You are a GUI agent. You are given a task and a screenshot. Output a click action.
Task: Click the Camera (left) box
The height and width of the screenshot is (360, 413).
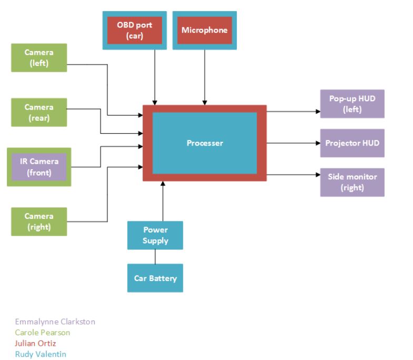click(x=39, y=57)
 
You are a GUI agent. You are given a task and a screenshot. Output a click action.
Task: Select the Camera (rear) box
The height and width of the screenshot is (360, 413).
click(x=39, y=112)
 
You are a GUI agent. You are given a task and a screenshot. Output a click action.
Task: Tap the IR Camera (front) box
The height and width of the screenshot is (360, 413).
click(x=39, y=167)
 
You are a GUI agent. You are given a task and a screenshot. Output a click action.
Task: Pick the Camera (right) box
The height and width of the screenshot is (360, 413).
click(x=39, y=221)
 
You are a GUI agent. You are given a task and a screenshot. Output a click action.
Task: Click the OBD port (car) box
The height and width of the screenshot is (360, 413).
click(x=134, y=31)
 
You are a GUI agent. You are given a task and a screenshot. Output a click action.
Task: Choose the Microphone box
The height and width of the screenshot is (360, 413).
click(x=205, y=30)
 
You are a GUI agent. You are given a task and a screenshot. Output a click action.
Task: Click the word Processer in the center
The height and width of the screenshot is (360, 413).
click(x=205, y=143)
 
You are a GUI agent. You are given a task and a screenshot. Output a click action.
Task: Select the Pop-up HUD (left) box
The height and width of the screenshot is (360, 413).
click(x=352, y=104)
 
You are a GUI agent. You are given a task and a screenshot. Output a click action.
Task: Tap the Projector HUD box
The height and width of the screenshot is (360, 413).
click(x=352, y=143)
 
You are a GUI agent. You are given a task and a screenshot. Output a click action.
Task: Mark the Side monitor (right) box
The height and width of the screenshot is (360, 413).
click(x=352, y=182)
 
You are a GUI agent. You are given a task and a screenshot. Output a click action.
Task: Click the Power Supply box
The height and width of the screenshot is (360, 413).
click(x=155, y=235)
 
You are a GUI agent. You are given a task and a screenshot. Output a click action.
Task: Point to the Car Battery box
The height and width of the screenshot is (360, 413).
click(x=155, y=278)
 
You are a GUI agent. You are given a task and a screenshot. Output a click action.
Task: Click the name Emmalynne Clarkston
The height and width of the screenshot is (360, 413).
click(x=55, y=322)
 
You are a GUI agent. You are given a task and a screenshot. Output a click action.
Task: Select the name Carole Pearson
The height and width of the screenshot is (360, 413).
click(x=43, y=333)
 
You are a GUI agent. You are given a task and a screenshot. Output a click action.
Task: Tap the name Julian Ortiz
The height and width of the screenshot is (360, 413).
click(x=36, y=344)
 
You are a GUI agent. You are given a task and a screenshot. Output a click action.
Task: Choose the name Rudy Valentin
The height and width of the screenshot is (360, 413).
click(x=41, y=355)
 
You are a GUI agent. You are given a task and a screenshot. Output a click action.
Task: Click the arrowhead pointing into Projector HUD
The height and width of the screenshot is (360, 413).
click(x=317, y=143)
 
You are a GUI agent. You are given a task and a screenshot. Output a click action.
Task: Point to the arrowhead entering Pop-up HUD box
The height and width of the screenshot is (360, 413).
click(x=317, y=112)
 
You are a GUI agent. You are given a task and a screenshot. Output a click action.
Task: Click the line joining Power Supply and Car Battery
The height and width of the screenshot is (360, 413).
click(x=155, y=257)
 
